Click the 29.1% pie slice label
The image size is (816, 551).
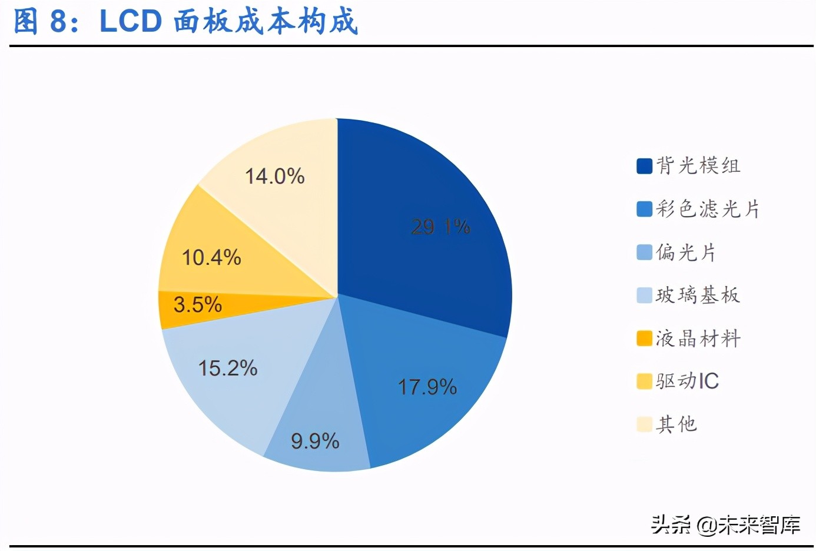[x=440, y=227]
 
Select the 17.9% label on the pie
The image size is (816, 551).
[x=427, y=387]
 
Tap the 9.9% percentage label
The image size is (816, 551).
[x=315, y=441]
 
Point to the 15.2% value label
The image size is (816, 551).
[x=228, y=369]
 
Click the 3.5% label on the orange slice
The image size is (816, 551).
[x=198, y=305]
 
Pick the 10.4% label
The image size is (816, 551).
[x=211, y=257]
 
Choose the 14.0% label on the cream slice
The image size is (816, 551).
[x=274, y=176]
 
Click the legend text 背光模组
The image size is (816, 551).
[x=698, y=166]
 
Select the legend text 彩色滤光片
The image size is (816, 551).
[x=708, y=209]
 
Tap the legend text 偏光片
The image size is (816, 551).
[x=686, y=253]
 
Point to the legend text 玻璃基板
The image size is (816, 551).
[x=698, y=295]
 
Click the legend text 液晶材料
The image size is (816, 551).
[x=698, y=338]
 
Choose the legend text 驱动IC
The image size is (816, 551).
[x=688, y=381]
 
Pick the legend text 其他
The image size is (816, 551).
[x=677, y=424]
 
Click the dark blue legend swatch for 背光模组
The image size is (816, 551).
[x=644, y=166]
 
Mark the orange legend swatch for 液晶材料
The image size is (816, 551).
[x=644, y=338]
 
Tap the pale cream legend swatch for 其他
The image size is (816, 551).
[x=644, y=424]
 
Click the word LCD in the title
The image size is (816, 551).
[x=131, y=21]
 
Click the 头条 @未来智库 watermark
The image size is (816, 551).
[x=725, y=524]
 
